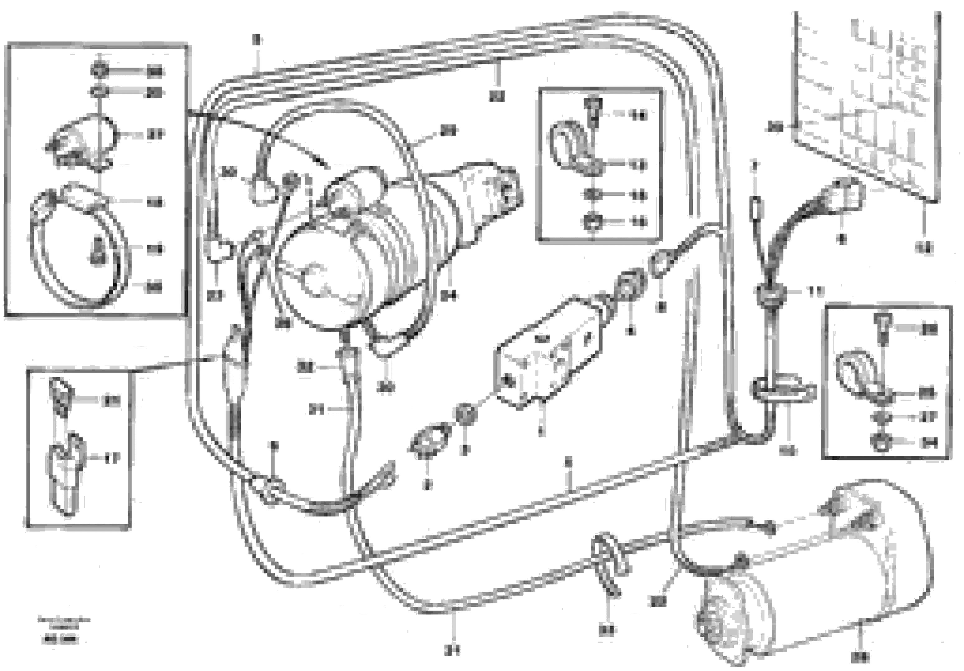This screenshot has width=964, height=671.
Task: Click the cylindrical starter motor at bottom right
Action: [x=815, y=575]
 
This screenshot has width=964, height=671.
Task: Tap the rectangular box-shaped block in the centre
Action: [x=550, y=353]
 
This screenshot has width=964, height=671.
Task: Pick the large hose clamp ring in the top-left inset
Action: [x=78, y=248]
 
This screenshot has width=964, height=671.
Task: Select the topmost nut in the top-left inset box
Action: [x=100, y=71]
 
